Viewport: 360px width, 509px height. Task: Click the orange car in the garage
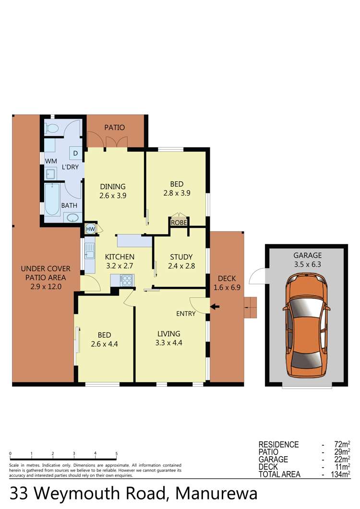tap(306, 326)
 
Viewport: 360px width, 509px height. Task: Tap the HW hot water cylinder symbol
tap(90, 229)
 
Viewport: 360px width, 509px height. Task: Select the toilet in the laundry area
tap(51, 129)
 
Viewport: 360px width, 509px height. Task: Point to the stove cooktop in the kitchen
tap(126, 279)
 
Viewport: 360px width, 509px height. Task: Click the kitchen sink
tap(89, 249)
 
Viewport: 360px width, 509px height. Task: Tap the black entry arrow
tap(215, 307)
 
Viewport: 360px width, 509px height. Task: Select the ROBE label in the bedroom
tap(179, 222)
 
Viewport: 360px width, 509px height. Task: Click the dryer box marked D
tap(75, 153)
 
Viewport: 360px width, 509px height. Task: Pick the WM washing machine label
tap(50, 160)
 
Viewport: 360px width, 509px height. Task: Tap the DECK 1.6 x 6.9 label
tap(227, 283)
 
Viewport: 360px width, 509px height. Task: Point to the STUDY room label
tap(181, 257)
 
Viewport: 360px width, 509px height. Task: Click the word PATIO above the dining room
tap(115, 128)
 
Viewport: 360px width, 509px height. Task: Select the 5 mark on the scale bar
tap(117, 453)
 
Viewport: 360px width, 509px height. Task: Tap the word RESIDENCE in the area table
tap(278, 444)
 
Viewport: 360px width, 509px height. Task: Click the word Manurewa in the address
tap(216, 494)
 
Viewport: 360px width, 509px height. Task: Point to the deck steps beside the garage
tap(251, 308)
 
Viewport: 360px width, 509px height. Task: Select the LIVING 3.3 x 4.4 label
tap(168, 338)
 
